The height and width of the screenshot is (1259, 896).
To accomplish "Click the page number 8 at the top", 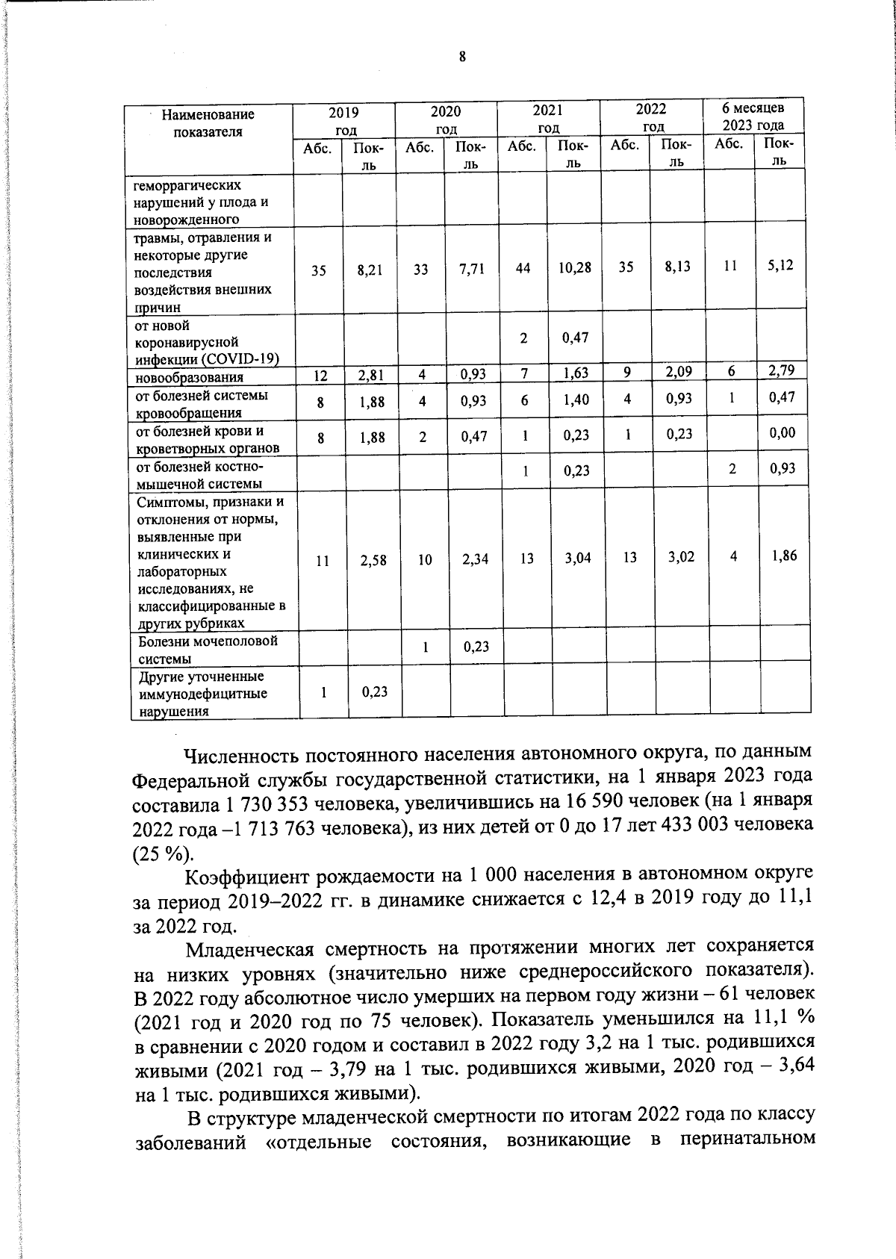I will tap(462, 57).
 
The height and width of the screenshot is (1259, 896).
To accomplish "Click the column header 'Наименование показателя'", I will tap(208, 123).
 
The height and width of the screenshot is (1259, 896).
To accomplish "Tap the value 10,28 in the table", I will tap(574, 267).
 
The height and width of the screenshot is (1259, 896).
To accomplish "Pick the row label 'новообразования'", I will tap(189, 377).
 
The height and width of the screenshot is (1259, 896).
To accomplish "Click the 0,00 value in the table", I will tap(783, 433).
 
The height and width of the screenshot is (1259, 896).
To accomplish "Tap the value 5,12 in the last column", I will tap(780, 265).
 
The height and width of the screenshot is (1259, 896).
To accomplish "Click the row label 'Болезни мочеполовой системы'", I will tap(207, 650).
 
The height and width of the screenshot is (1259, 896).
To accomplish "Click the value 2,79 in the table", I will tap(782, 370).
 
